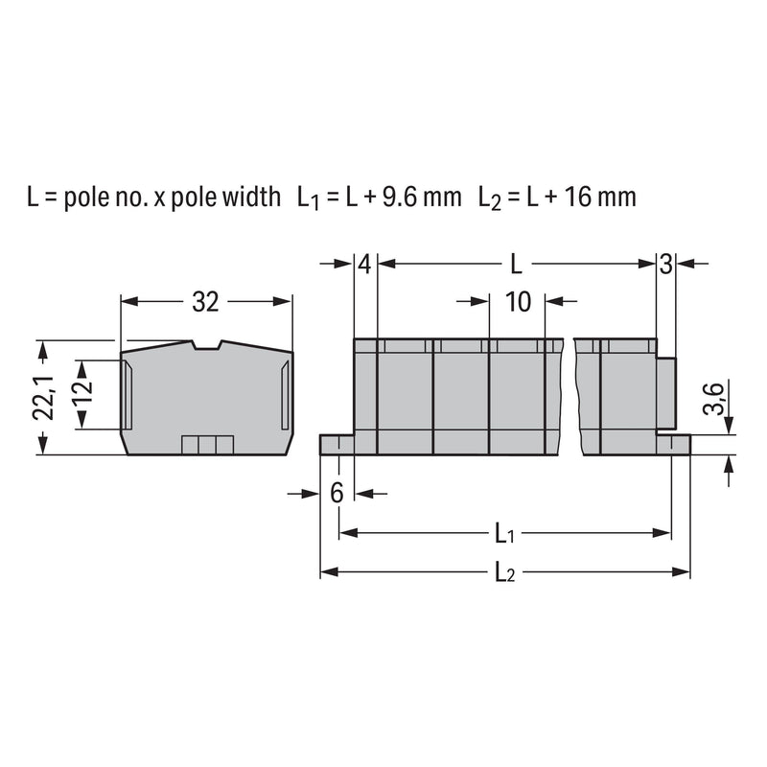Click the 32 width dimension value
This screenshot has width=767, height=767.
(205, 302)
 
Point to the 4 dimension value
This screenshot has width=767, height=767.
(365, 265)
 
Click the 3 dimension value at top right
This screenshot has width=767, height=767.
(665, 265)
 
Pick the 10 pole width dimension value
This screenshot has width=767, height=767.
(518, 302)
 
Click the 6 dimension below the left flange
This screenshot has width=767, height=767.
(337, 493)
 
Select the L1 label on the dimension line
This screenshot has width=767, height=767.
(504, 533)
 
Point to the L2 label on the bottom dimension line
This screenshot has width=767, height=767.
(505, 571)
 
